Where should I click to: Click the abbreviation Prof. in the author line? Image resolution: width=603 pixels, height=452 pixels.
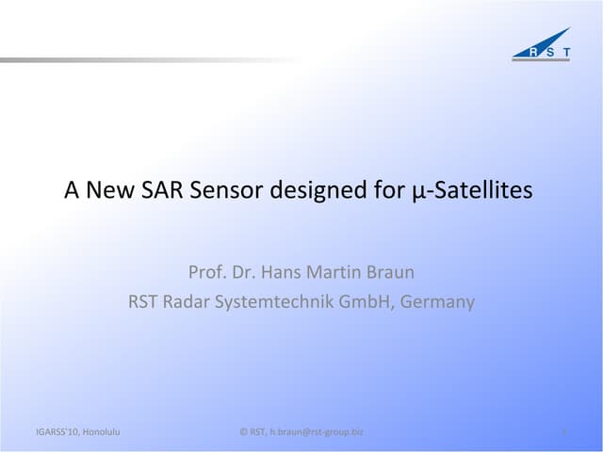206,273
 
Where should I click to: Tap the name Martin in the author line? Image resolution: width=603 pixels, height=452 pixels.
336,273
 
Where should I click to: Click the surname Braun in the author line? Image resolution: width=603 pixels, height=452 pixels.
391,273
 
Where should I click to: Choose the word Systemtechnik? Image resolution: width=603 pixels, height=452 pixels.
274,302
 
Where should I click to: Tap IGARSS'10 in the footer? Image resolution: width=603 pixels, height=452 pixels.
52,432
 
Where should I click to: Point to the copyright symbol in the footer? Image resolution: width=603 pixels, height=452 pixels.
244,432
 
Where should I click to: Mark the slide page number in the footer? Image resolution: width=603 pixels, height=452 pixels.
562,433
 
